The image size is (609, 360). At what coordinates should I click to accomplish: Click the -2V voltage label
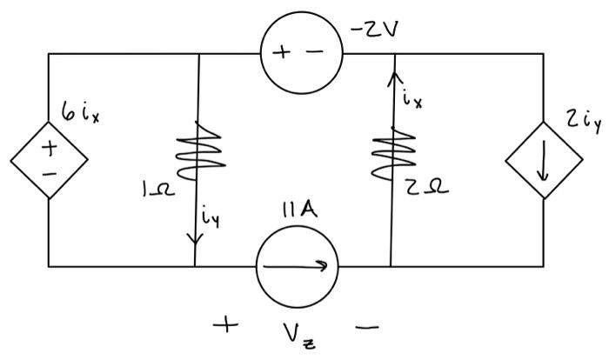pyautogui.click(x=375, y=32)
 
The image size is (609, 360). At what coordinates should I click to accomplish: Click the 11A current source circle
pyautogui.click(x=296, y=265)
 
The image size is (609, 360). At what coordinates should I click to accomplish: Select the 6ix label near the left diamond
pyautogui.click(x=81, y=113)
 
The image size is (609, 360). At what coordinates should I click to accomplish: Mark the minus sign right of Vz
pyautogui.click(x=367, y=328)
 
